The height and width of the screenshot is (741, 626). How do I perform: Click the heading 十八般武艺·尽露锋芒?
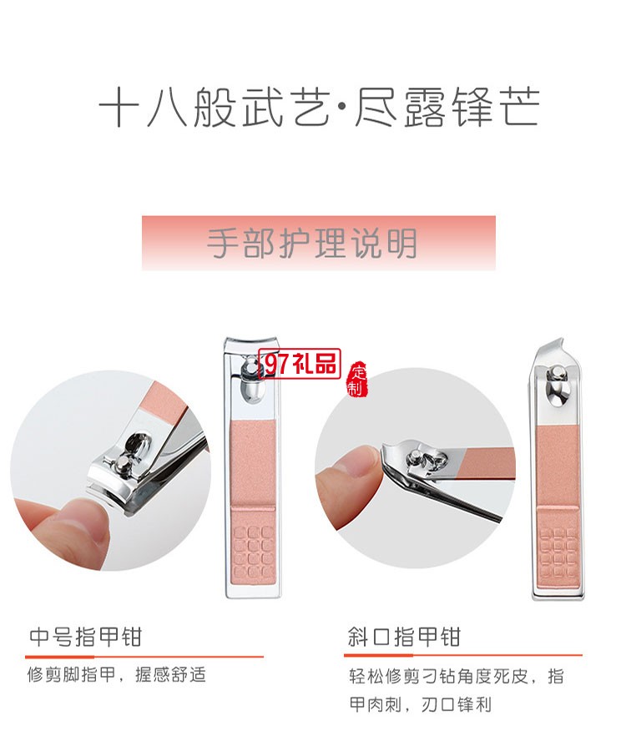coord(319,109)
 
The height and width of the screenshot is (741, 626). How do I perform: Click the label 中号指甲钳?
coord(85,638)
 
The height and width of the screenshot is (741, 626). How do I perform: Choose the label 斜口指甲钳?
coord(404,638)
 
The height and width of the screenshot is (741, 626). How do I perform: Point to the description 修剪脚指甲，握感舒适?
coord(117,675)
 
